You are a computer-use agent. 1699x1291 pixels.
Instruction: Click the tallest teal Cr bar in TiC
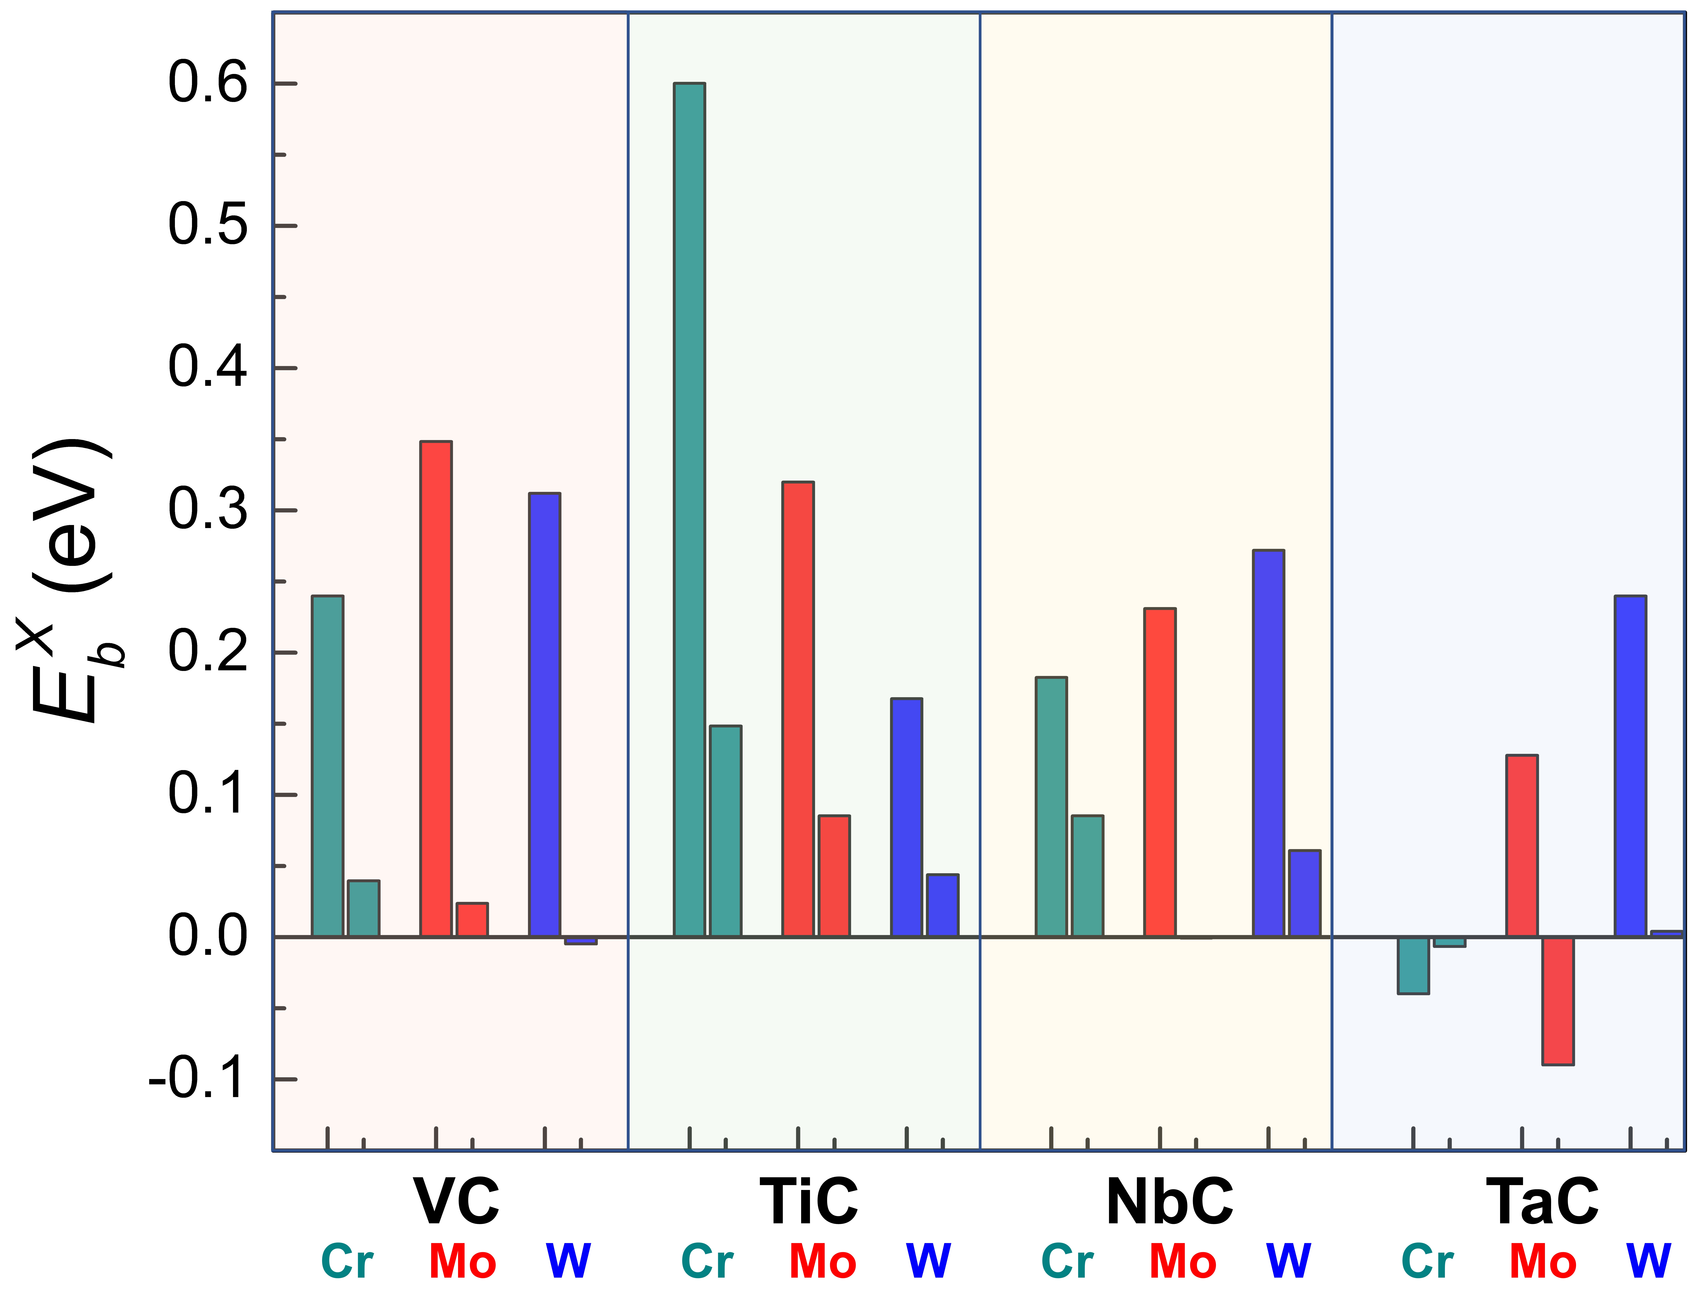pyautogui.click(x=689, y=510)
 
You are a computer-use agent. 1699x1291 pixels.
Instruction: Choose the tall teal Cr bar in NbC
pyautogui.click(x=1051, y=807)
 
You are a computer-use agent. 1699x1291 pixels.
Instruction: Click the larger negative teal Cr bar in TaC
pyautogui.click(x=1413, y=965)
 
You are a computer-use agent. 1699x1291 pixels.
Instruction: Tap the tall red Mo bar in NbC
pyautogui.click(x=1160, y=772)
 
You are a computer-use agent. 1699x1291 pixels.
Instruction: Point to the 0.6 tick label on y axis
pyautogui.click(x=208, y=83)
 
